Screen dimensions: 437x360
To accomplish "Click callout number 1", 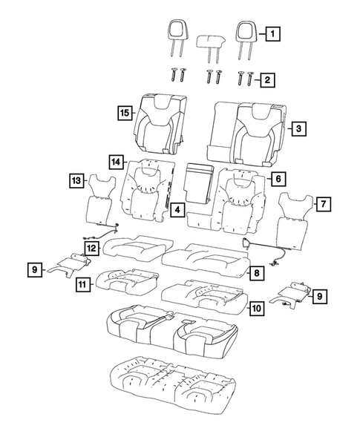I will coord(272,33).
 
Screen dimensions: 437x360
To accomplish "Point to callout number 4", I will coord(175,211).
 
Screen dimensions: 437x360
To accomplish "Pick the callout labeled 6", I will coord(277,179).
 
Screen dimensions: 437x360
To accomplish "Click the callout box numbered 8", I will coord(255,274).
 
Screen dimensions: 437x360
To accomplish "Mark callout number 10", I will coord(255,306).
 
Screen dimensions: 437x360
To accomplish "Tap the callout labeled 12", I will coord(90,248).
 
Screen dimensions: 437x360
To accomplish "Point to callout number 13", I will coord(76,180).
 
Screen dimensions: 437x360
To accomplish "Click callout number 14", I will coord(115,161).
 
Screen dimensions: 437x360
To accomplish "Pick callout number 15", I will coord(124,113).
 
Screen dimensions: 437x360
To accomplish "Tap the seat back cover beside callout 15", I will coord(159,122).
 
